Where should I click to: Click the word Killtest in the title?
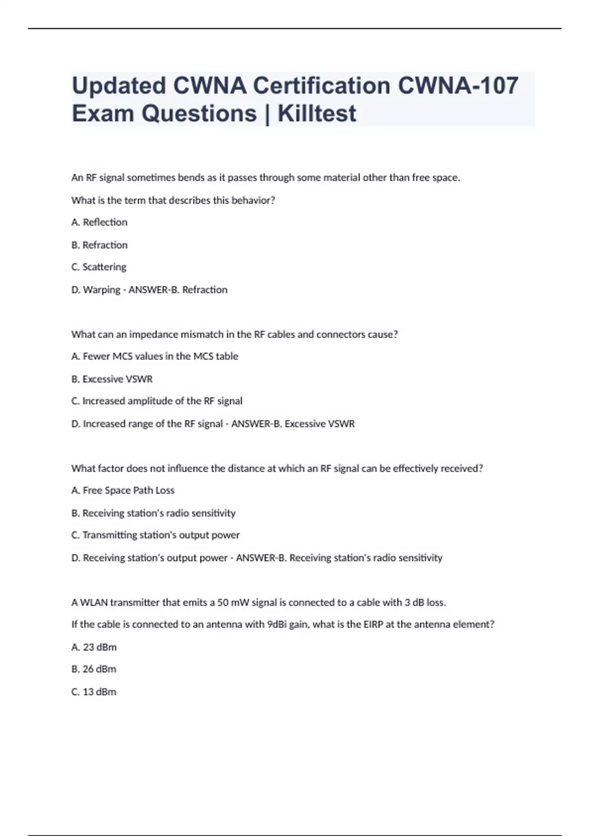point(317,114)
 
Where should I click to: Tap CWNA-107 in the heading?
point(458,86)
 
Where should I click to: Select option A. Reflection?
point(99,222)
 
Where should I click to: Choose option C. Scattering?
point(99,267)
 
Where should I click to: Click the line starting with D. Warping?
point(149,290)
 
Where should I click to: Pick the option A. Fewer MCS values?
point(154,356)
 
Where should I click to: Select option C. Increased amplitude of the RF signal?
point(157,401)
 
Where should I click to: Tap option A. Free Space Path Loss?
point(123,490)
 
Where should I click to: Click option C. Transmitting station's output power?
point(155,535)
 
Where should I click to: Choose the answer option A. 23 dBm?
point(94,647)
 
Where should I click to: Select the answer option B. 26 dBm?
point(94,669)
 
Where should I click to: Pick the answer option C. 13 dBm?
point(94,692)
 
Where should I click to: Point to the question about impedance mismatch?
point(234,334)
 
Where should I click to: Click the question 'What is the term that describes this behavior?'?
point(173,200)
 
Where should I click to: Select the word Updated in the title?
point(119,86)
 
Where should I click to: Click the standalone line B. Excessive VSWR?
point(112,379)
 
